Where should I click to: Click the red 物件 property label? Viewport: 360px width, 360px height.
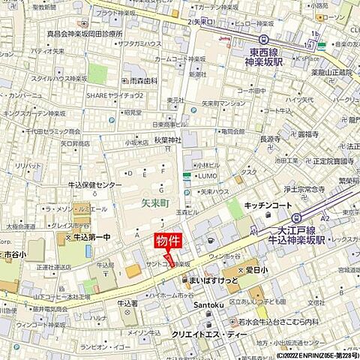(x=169, y=241)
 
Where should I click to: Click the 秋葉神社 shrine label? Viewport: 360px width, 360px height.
(x=168, y=139)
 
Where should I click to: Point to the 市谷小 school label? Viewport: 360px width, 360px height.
(x=16, y=255)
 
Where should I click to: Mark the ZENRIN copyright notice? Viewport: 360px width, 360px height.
(x=307, y=355)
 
